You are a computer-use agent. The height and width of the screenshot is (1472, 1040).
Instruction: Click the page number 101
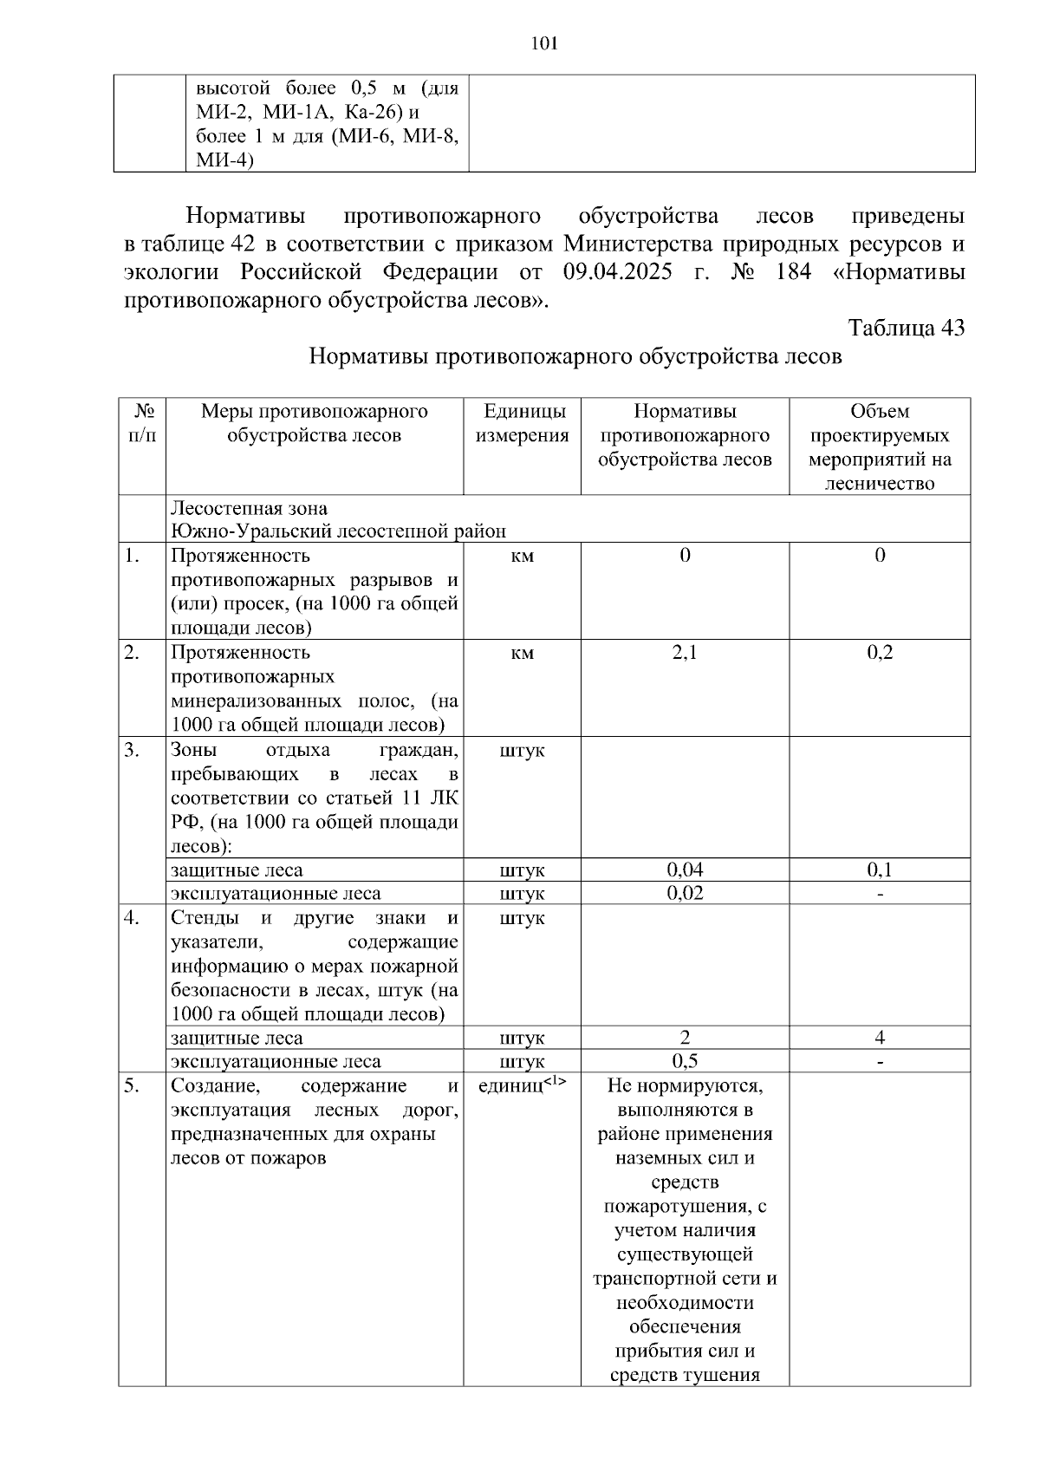pos(543,44)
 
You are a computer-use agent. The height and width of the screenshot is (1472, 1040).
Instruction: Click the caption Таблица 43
pos(906,328)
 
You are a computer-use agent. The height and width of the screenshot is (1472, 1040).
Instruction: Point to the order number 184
pos(793,272)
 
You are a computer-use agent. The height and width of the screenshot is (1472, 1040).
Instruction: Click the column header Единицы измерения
pos(522,423)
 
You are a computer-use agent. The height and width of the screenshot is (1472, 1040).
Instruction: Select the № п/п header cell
pos(142,423)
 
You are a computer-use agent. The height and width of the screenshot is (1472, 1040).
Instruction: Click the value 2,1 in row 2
pos(685,653)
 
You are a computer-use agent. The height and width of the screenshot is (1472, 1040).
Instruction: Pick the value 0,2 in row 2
pos(880,653)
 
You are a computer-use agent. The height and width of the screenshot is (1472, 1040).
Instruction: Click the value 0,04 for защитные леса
pos(685,870)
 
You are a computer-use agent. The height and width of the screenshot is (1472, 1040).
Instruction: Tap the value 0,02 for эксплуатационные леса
pos(685,893)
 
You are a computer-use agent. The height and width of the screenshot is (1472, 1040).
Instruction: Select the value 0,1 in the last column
pos(880,870)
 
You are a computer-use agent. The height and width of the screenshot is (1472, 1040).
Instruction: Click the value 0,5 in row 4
pos(685,1061)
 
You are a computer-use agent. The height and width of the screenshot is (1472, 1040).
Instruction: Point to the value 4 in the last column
pos(880,1038)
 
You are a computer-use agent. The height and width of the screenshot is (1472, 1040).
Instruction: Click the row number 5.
pos(131,1085)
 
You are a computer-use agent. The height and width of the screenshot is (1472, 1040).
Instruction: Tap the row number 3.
pos(131,750)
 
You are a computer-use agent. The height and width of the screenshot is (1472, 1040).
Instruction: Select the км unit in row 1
pos(522,556)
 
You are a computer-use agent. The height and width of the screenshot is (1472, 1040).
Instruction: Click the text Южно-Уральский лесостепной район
pos(338,531)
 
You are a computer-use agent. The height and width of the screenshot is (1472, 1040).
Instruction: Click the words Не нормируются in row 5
pos(685,1085)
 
